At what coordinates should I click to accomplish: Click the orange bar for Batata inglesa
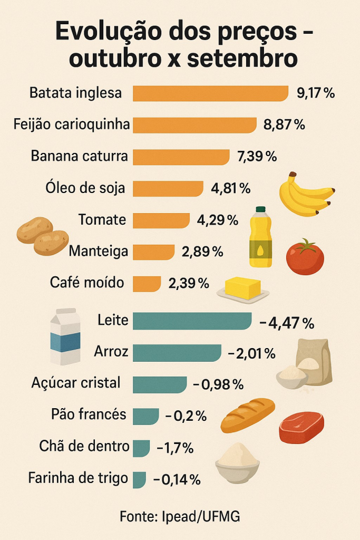click(210, 93)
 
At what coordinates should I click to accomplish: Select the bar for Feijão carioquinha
click(194, 125)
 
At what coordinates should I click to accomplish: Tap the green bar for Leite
click(192, 321)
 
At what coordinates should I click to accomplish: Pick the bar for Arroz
click(177, 353)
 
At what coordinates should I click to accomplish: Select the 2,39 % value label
click(189, 283)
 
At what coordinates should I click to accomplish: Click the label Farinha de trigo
click(78, 478)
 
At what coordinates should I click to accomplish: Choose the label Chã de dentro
click(84, 447)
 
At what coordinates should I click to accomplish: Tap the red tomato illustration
click(305, 257)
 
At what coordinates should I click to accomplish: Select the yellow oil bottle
click(260, 237)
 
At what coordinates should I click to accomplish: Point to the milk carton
click(65, 337)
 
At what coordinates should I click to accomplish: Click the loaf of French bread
click(248, 414)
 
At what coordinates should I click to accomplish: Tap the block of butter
click(243, 288)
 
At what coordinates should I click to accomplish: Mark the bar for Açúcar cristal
click(159, 384)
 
